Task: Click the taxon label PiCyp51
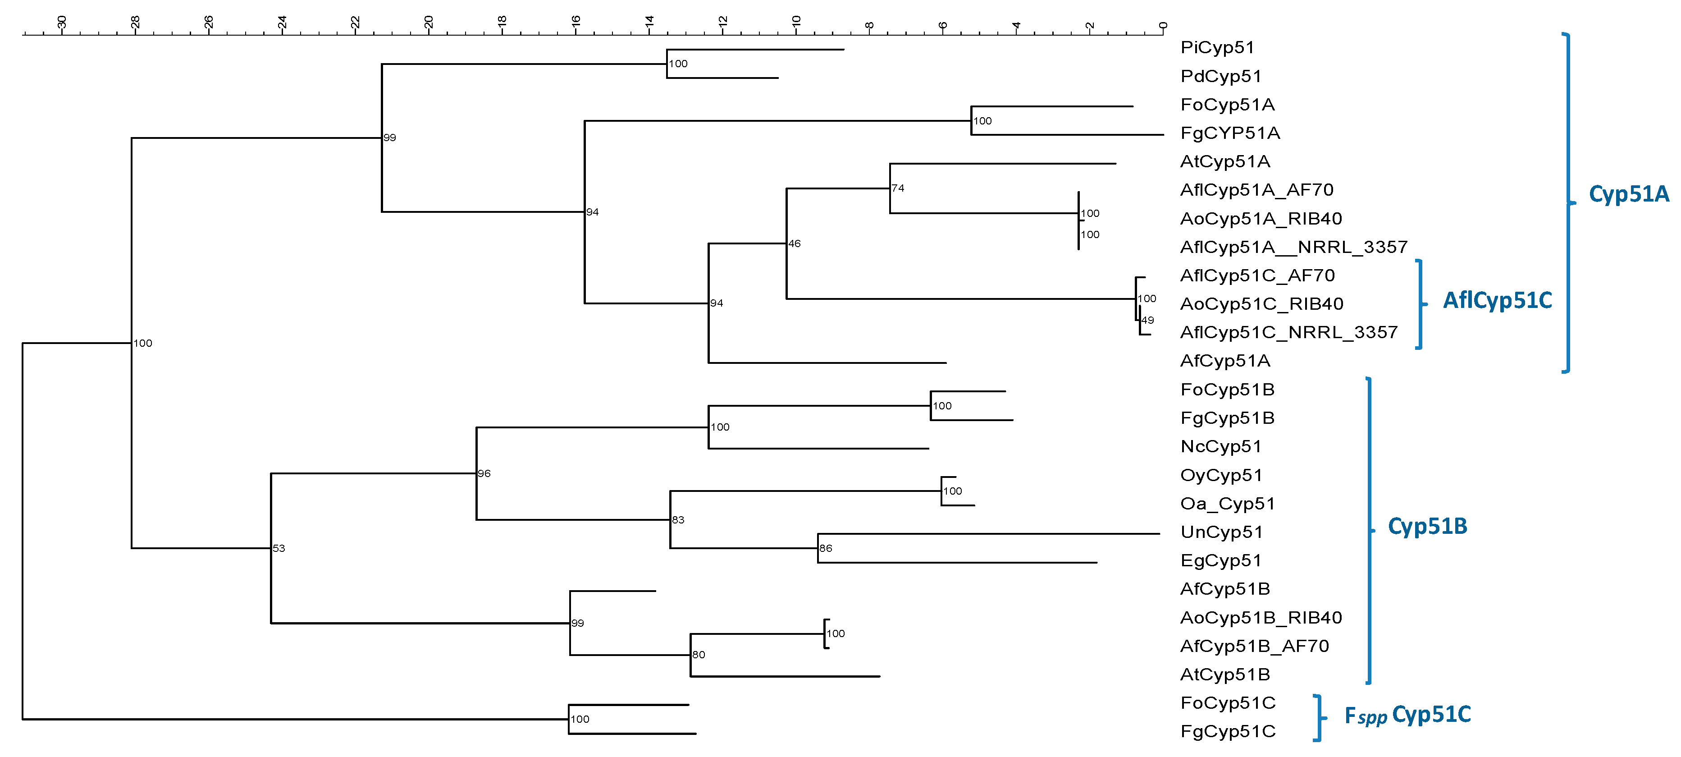click(x=1217, y=48)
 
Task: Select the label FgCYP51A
click(x=1230, y=133)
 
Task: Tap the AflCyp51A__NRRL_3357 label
click(x=1293, y=248)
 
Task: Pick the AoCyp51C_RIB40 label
click(x=1261, y=304)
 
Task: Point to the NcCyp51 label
click(x=1220, y=446)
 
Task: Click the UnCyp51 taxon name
click(x=1221, y=532)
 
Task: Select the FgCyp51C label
click(x=1228, y=732)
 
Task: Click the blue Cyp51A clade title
click(x=1628, y=194)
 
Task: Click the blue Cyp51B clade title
click(x=1427, y=526)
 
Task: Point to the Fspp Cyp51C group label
click(x=1407, y=715)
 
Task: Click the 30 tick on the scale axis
click(x=62, y=23)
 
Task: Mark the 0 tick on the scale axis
click(x=1163, y=26)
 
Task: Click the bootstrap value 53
click(x=279, y=549)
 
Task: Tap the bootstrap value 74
click(x=898, y=188)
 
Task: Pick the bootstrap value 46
click(x=794, y=244)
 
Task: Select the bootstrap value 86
click(x=826, y=549)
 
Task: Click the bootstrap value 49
click(x=1148, y=321)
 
